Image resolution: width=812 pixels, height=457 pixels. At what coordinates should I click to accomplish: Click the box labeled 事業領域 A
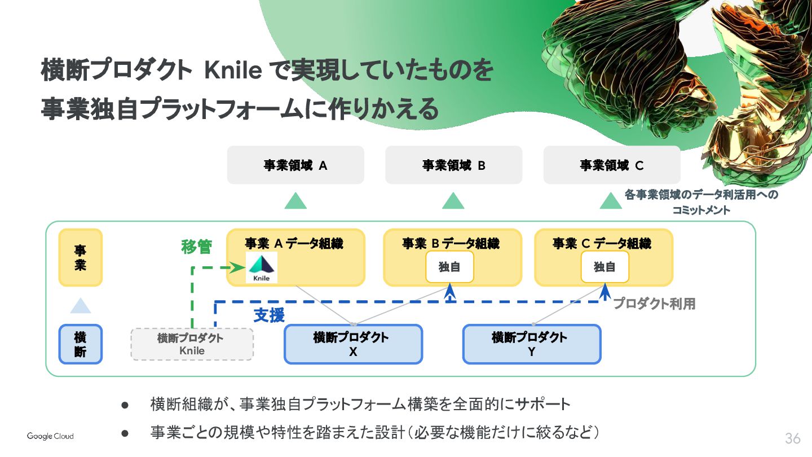[x=295, y=165]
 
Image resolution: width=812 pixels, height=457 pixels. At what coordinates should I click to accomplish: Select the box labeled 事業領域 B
[x=453, y=165]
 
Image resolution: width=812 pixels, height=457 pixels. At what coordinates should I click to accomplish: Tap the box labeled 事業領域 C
[x=612, y=165]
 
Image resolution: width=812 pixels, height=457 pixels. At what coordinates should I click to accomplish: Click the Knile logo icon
[x=262, y=268]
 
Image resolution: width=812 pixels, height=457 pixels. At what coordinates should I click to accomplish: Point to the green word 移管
[x=196, y=247]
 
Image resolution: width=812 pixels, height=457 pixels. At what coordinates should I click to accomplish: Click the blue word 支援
[x=269, y=315]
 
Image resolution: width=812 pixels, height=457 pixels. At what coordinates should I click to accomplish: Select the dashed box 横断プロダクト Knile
[x=192, y=344]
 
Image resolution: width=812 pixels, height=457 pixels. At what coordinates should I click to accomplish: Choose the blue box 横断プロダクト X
[x=353, y=344]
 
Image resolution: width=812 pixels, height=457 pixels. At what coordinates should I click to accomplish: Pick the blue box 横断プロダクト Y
[x=532, y=344]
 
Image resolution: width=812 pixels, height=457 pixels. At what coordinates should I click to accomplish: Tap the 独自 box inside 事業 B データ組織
[x=449, y=267]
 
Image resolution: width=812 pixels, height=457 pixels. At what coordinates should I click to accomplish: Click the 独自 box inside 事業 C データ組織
[x=604, y=267]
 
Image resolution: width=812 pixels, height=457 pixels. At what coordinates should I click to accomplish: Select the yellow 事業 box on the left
[x=81, y=257]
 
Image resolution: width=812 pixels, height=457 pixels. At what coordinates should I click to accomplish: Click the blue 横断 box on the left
[x=81, y=344]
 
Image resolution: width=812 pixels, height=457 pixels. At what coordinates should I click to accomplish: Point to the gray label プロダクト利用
[x=654, y=304]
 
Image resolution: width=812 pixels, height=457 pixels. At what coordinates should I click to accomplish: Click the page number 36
[x=792, y=438]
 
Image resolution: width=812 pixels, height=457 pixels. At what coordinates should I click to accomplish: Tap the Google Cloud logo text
[x=50, y=436]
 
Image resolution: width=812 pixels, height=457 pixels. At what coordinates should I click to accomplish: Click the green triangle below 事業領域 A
[x=295, y=201]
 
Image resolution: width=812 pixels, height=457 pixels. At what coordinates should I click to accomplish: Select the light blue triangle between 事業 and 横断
[x=81, y=306]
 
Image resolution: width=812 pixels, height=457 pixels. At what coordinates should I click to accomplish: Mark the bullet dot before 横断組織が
[x=125, y=405]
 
